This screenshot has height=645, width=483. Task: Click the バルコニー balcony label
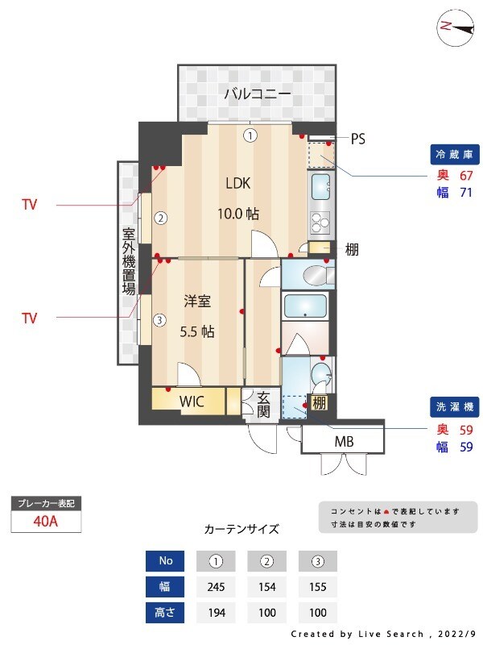[x=257, y=94]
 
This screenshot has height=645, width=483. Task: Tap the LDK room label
[x=237, y=183]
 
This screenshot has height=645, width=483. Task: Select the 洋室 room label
[x=197, y=302]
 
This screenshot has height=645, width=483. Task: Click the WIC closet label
[x=191, y=401]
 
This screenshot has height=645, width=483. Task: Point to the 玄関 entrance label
[x=263, y=404]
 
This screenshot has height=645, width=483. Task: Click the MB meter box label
[x=344, y=442]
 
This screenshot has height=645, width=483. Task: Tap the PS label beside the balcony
[x=358, y=139]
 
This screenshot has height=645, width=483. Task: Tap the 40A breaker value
[x=46, y=521]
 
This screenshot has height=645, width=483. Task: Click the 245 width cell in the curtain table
[x=216, y=586]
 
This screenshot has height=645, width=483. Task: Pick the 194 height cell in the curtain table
[x=216, y=612]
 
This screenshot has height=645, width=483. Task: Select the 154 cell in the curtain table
[x=266, y=586]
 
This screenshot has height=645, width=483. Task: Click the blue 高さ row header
[x=166, y=612]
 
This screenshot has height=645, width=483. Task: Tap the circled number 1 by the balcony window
[x=251, y=135]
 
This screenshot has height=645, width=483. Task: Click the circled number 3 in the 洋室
[x=160, y=320]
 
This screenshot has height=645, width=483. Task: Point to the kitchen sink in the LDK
[x=320, y=186]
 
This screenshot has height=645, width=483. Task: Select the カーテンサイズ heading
[x=242, y=530]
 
